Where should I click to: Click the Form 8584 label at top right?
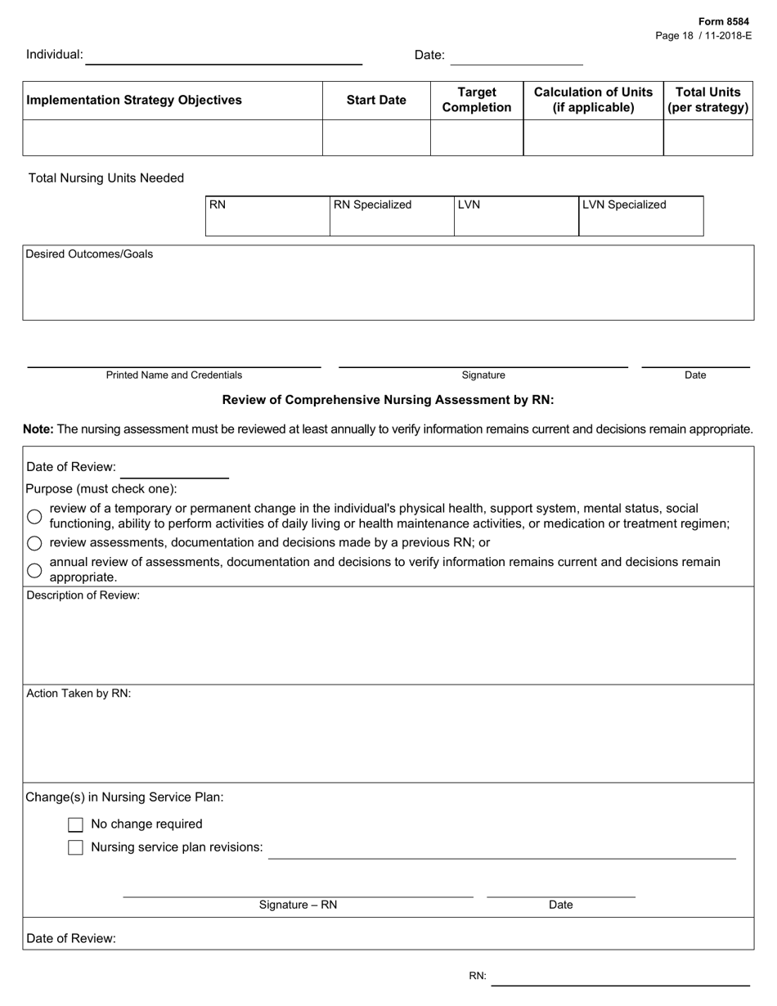pyautogui.click(x=723, y=22)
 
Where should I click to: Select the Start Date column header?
pyautogui.click(x=376, y=101)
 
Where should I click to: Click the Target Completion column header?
pyautogui.click(x=477, y=101)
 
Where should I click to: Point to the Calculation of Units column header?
pyautogui.click(x=593, y=101)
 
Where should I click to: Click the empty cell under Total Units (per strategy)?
pyautogui.click(x=707, y=137)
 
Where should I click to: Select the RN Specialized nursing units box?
pyautogui.click(x=392, y=216)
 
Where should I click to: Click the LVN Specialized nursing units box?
pyautogui.click(x=640, y=216)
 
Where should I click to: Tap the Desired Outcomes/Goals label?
pyautogui.click(x=89, y=254)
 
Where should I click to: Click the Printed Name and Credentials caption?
pyautogui.click(x=174, y=375)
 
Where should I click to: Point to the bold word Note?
pyautogui.click(x=38, y=429)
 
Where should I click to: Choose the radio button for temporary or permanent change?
pyautogui.click(x=34, y=516)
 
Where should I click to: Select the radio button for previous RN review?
pyautogui.click(x=34, y=543)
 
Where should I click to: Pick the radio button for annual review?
pyautogui.click(x=34, y=570)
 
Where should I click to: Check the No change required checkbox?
pyautogui.click(x=75, y=824)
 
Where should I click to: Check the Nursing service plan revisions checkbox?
pyautogui.click(x=75, y=847)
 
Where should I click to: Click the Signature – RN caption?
pyautogui.click(x=298, y=905)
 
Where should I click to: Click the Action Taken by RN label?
pyautogui.click(x=79, y=694)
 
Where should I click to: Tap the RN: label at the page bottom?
pyautogui.click(x=478, y=976)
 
